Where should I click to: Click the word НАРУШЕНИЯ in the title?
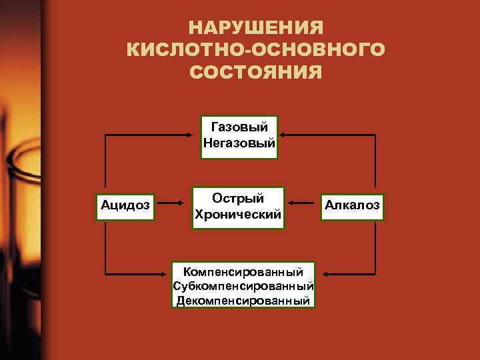[256, 28]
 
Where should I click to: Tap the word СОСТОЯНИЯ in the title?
[256, 71]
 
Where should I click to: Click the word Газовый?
[239, 126]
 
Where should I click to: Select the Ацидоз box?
[125, 205]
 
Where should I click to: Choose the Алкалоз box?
[353, 205]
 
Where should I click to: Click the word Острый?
[238, 198]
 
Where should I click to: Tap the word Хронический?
[238, 215]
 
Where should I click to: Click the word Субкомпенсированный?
[243, 286]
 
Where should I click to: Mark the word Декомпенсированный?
[243, 301]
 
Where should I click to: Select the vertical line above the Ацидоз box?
[105, 163]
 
